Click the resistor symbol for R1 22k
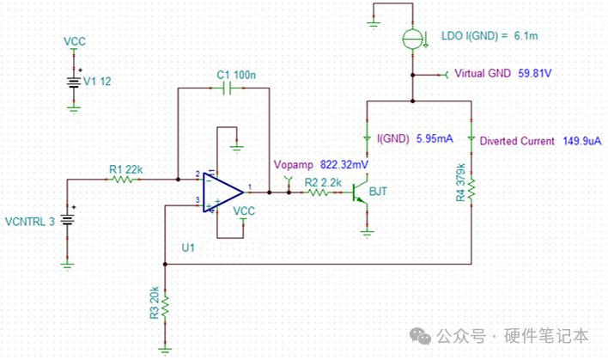coord(122,180)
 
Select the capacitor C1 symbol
coord(228,88)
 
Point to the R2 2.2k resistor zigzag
coord(318,192)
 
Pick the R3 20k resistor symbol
coord(165,307)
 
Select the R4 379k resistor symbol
coord(471,190)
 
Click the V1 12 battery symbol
coord(74,82)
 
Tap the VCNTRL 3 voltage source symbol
coord(67,220)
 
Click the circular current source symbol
coord(412,39)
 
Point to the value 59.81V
coord(535,73)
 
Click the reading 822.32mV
coord(344,165)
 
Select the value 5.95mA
coord(435,138)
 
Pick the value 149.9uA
coord(582,141)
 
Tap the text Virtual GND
coord(483,73)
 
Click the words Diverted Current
coord(517,141)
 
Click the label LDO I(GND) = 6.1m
coord(489,36)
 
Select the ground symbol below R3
coord(165,351)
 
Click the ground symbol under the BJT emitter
coord(367,234)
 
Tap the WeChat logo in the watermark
coord(420,336)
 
